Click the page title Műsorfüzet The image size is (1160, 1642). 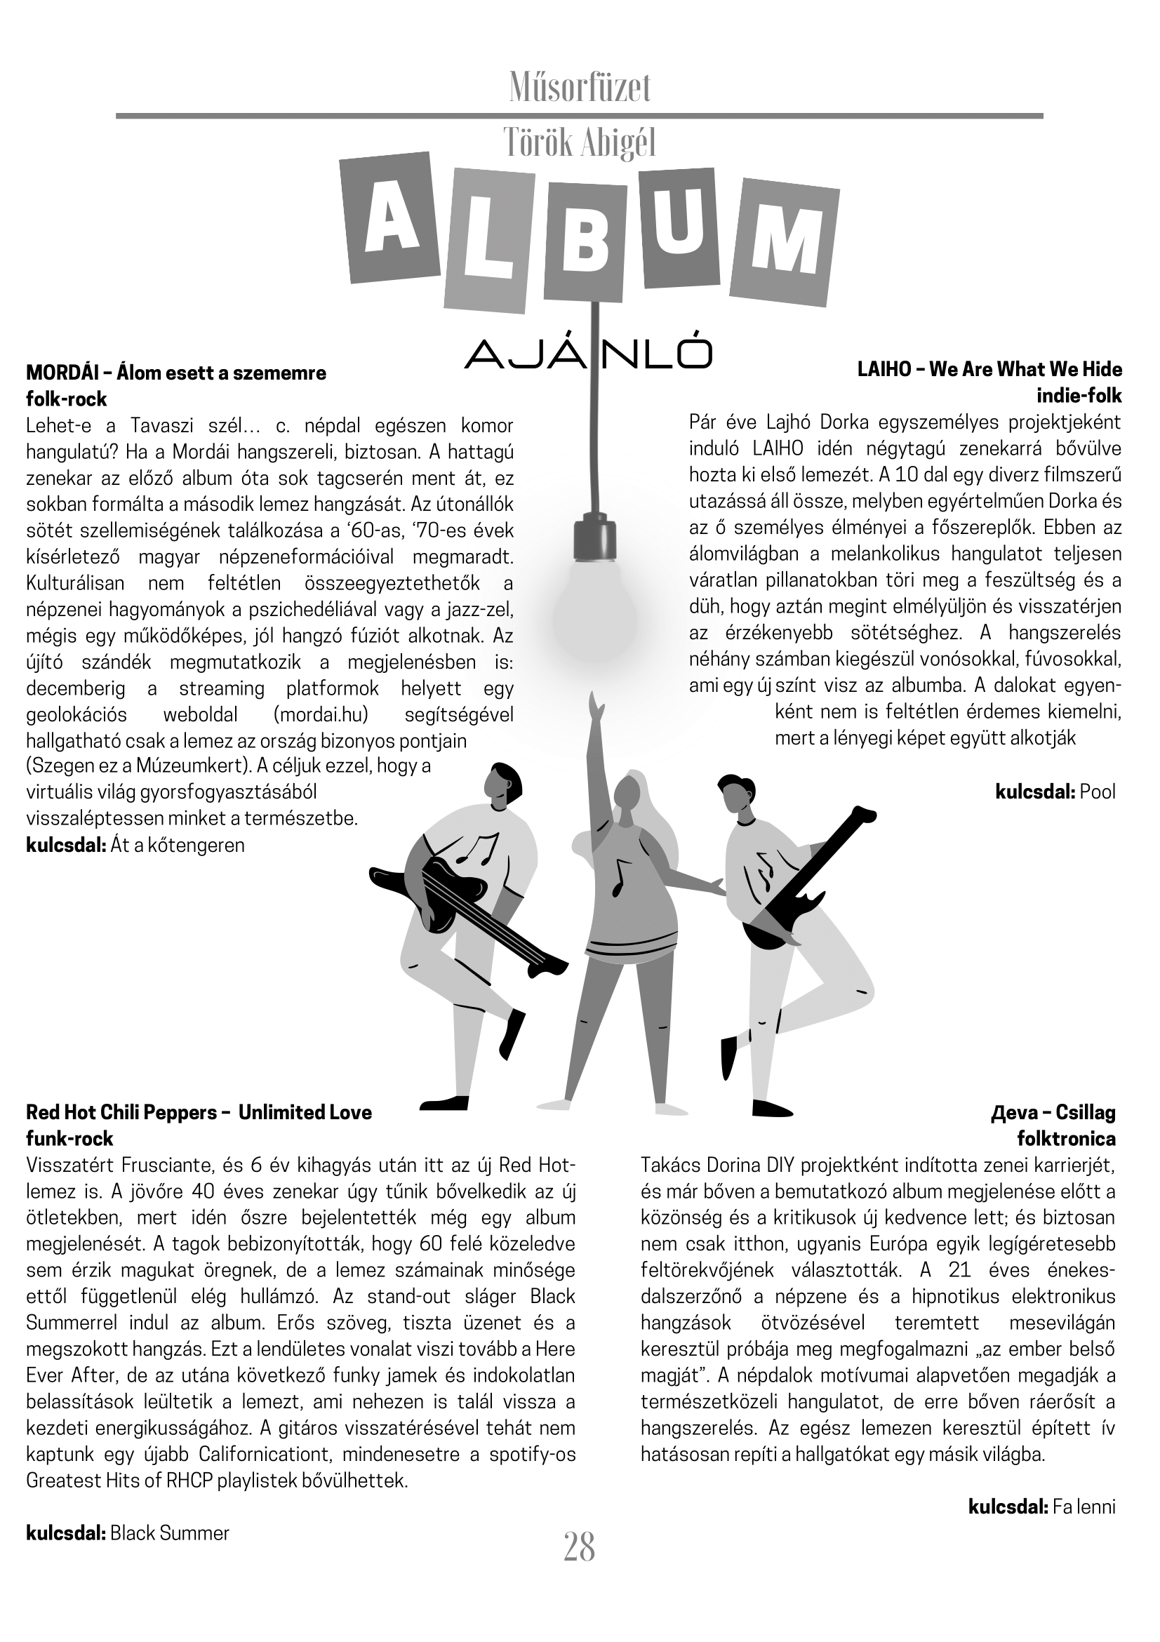click(x=579, y=88)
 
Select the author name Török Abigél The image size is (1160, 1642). click(x=579, y=143)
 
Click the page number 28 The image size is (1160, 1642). click(x=579, y=1547)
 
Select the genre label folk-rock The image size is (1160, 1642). click(x=67, y=399)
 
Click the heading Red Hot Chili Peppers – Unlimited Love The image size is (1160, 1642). click(x=199, y=1112)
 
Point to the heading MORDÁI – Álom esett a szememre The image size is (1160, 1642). click(x=176, y=373)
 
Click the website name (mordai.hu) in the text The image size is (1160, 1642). click(x=321, y=714)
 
